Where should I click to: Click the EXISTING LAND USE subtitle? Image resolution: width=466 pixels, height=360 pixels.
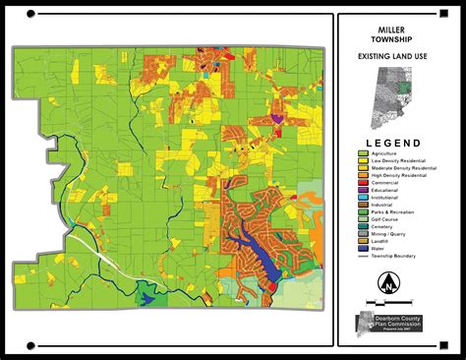point(398,60)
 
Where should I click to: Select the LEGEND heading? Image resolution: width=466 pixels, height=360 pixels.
point(398,143)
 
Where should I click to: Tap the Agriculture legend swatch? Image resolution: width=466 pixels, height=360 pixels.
point(363,153)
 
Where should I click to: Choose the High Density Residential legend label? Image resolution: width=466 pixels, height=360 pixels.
point(402,175)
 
